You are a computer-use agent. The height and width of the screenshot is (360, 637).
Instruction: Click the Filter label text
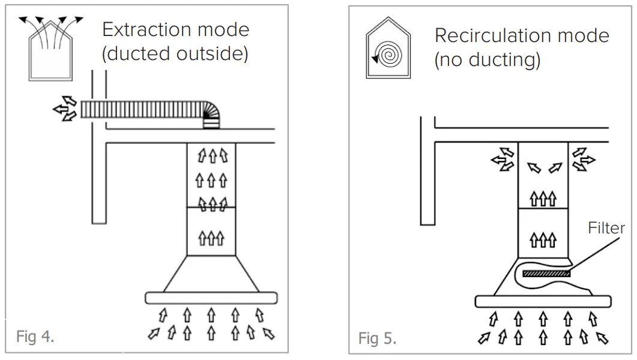coord(606,229)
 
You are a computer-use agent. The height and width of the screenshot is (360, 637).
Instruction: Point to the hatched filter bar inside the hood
coord(546,274)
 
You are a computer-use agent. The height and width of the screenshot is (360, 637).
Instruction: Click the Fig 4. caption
coord(35,337)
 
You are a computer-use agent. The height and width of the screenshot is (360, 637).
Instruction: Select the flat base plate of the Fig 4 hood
coord(211,298)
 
